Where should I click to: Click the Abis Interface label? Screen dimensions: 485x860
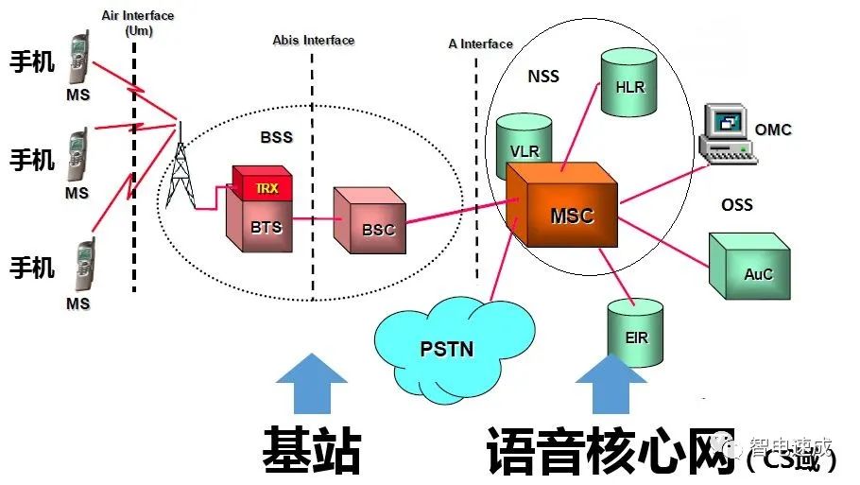coord(313,40)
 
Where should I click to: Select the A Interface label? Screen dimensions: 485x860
coord(480,43)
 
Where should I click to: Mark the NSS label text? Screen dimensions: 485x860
coord(542,77)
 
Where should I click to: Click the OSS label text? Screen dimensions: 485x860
coord(737,203)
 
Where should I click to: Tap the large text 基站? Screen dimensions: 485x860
coord(311,452)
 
